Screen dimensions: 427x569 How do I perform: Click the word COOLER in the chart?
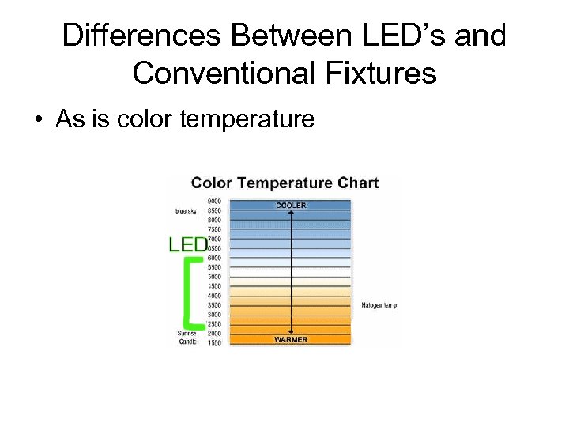291,206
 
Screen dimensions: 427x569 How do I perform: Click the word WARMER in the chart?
291,340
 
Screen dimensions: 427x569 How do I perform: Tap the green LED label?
188,245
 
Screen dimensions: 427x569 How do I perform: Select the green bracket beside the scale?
188,293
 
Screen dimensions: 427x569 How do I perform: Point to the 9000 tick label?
214,202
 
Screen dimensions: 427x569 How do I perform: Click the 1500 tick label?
214,342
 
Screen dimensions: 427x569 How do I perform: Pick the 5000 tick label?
214,277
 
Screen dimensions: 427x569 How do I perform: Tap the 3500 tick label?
214,305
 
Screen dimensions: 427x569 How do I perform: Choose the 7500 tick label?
214,230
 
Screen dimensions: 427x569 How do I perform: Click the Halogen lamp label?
379,305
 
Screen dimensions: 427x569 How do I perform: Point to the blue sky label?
187,211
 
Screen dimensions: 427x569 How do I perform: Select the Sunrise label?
187,334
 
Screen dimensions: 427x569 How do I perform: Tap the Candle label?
187,342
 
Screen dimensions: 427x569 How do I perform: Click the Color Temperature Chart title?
284,183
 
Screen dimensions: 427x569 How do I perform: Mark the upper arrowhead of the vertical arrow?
292,212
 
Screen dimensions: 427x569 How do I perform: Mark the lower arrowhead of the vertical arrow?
292,333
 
